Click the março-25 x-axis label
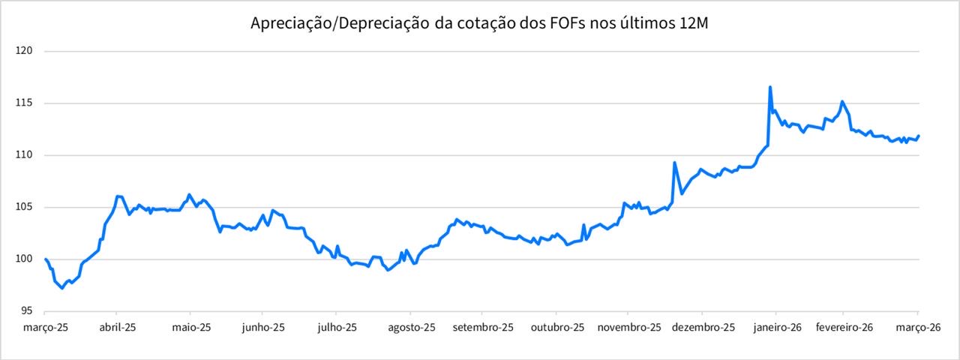click(45, 328)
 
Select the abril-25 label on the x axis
click(117, 328)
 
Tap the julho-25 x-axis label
click(336, 328)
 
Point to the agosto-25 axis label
click(410, 328)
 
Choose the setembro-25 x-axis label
click(483, 328)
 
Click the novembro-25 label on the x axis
click(628, 328)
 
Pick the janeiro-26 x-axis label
click(775, 328)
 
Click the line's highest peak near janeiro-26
click(770, 87)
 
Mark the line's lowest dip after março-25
click(62, 289)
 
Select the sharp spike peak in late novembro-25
click(674, 162)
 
